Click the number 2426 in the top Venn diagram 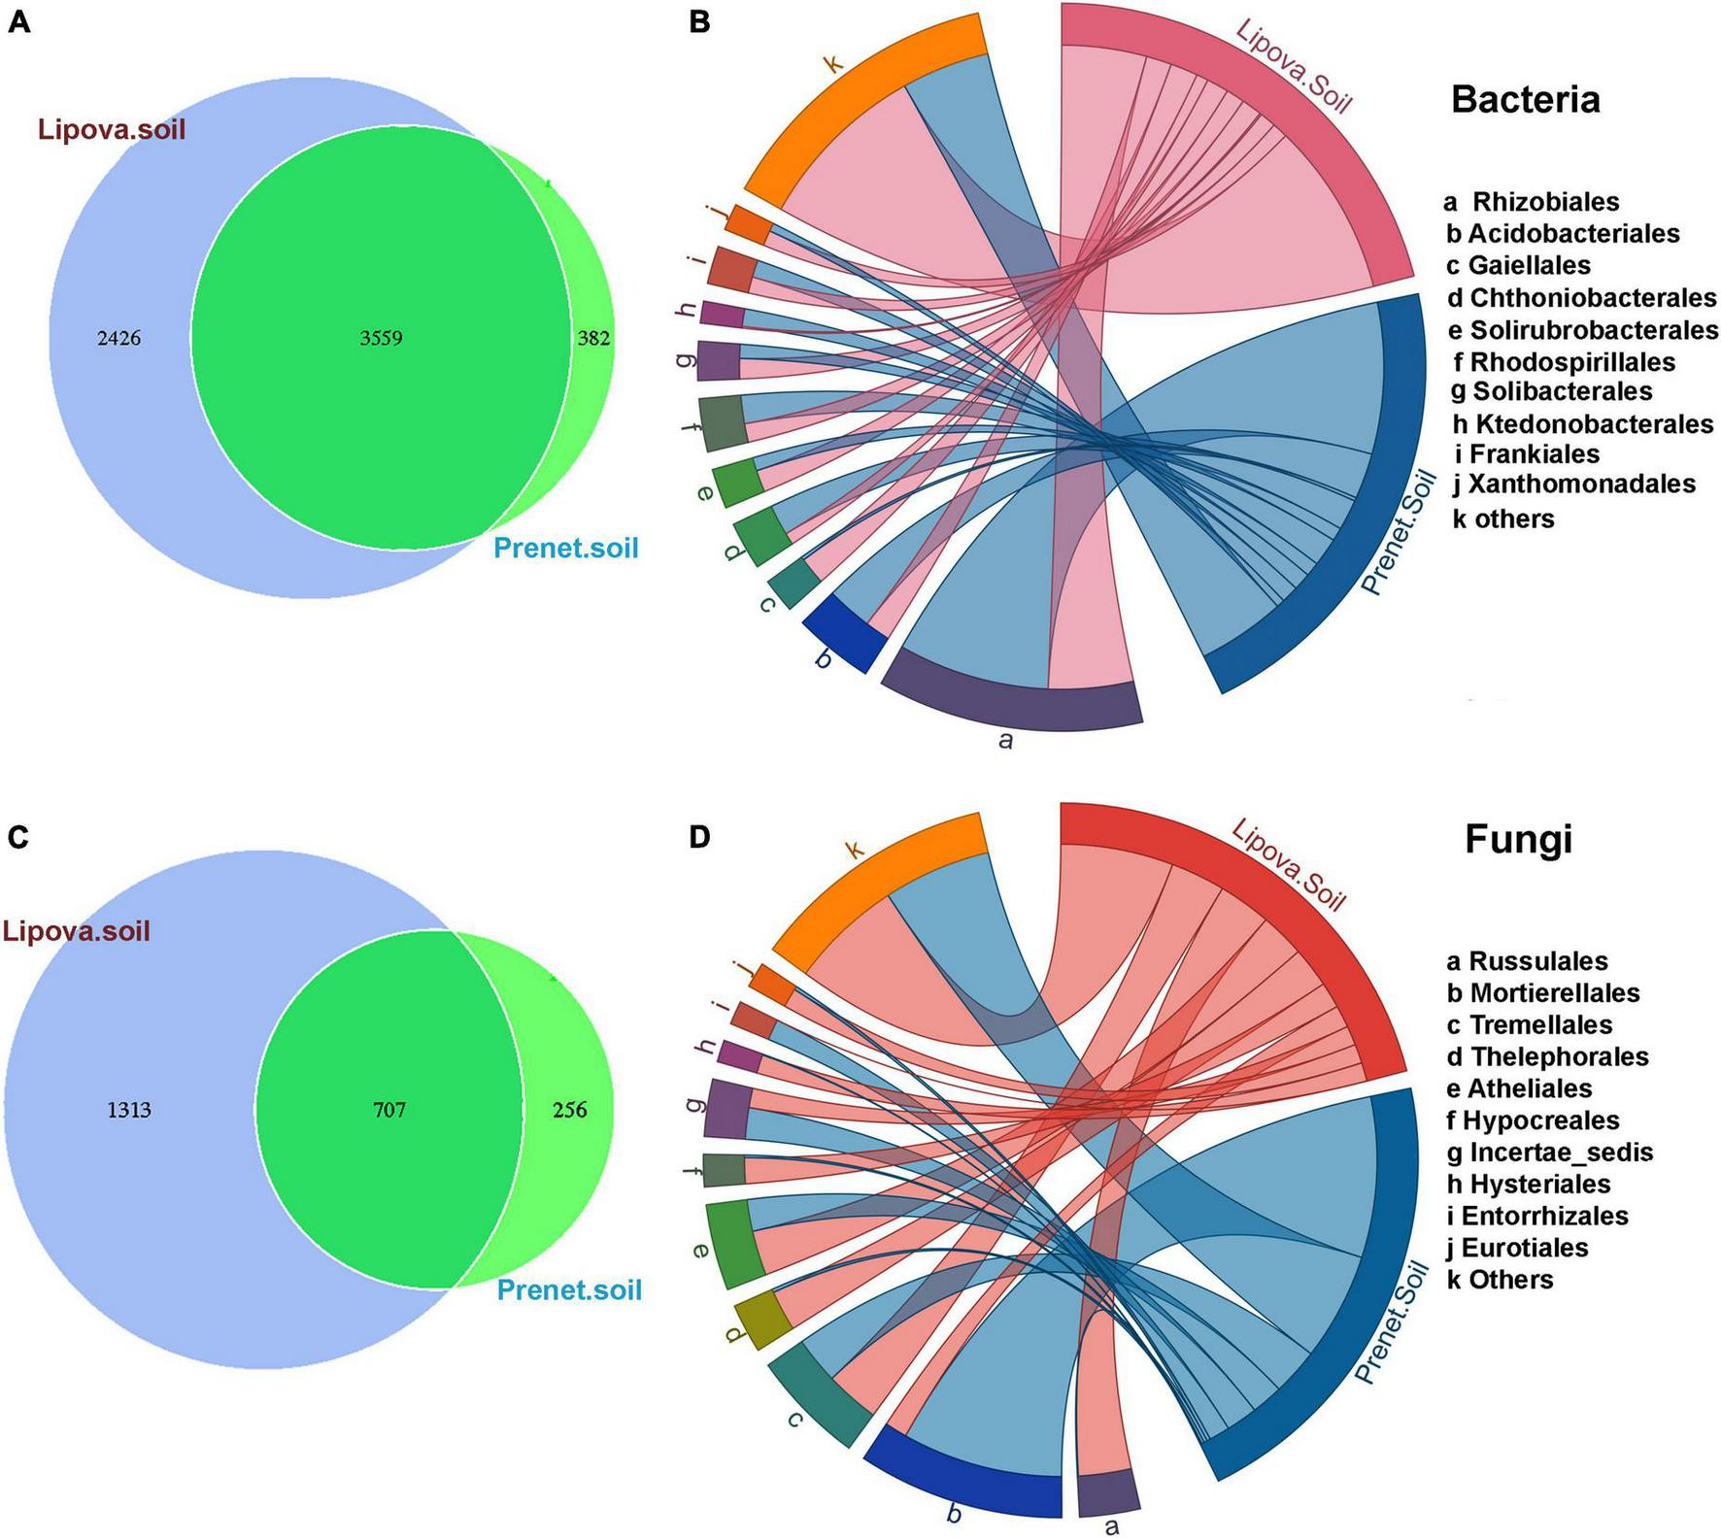coord(118,338)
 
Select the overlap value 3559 coord(381,338)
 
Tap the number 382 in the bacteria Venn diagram coord(593,338)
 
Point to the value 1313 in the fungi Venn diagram coord(129,1109)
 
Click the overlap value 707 coord(389,1109)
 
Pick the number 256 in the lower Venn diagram coord(569,1109)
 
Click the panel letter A coord(18,22)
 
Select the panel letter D coord(699,838)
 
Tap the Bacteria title coord(1525,99)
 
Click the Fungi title coord(1518,840)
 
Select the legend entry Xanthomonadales coord(1581,484)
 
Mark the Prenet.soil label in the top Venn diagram coord(566,549)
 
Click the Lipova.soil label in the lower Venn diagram coord(77,931)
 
